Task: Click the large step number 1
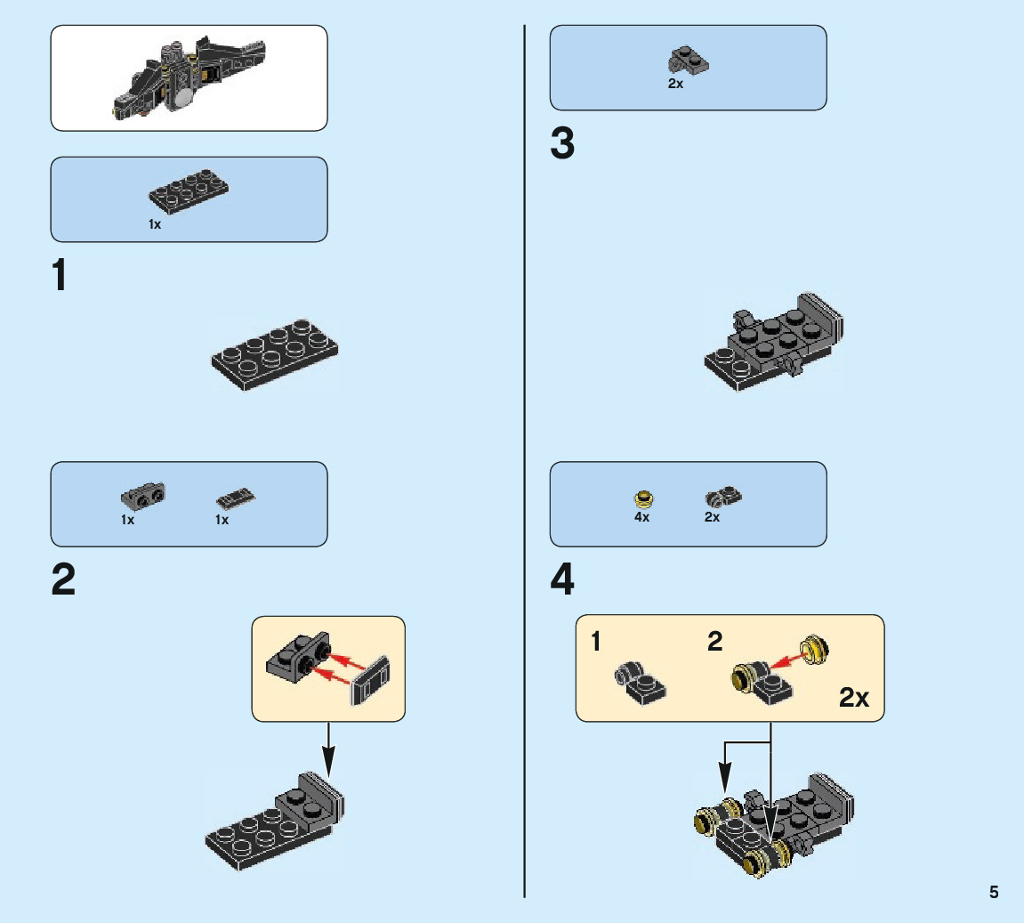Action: (60, 275)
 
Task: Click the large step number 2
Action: (63, 581)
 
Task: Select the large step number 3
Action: (562, 144)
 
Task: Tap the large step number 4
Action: (562, 581)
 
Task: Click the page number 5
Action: (994, 892)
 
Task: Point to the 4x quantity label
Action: (641, 517)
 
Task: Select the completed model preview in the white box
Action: (189, 77)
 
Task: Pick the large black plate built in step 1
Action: (274, 353)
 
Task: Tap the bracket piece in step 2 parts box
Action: (142, 493)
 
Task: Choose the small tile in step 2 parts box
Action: (238, 498)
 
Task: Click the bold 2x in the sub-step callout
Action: (854, 698)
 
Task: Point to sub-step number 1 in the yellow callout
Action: (597, 642)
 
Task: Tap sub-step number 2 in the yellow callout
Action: (715, 642)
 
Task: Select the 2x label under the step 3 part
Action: (675, 85)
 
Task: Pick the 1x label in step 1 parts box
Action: (155, 225)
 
